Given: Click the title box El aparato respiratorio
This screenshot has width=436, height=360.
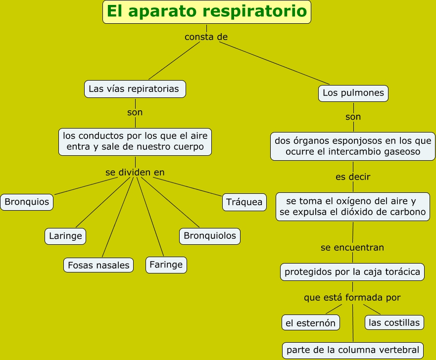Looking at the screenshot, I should click(207, 12).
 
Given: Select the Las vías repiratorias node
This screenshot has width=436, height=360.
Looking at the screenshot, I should click(135, 89).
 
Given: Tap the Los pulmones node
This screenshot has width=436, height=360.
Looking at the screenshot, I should click(353, 93).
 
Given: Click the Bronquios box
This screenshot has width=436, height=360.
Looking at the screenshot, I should click(27, 202).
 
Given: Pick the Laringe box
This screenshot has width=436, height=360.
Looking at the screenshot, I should click(65, 236).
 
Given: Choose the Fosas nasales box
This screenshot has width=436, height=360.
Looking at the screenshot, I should click(99, 265).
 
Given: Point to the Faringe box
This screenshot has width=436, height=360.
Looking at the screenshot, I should click(166, 265).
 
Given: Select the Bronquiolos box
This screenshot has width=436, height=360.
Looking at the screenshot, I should click(210, 236).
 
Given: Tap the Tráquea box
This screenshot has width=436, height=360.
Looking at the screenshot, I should click(244, 202).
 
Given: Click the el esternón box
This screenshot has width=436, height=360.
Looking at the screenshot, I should click(311, 323).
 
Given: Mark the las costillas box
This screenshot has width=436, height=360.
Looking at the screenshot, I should click(394, 323).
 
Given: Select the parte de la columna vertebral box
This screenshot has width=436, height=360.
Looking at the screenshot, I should click(353, 350).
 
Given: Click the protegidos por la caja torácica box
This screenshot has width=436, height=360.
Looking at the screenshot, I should click(352, 271).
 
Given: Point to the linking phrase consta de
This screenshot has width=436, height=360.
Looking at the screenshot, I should click(206, 37).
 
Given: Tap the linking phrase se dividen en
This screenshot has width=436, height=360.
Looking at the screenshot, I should click(135, 173).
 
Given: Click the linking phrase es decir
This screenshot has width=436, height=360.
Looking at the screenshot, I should click(353, 177).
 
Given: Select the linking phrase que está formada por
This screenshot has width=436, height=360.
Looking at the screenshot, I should click(352, 298).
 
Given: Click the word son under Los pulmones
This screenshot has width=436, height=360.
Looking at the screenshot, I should click(353, 117).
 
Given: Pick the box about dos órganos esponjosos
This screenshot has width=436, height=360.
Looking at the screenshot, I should click(353, 146).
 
